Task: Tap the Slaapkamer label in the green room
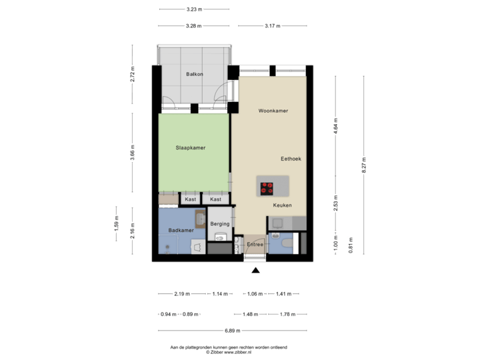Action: point(190,147)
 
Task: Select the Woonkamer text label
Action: point(273,111)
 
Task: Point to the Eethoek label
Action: point(291,159)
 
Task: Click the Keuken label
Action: point(282,205)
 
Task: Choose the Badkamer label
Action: point(181,230)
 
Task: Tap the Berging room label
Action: point(219,224)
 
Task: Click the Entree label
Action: point(255,245)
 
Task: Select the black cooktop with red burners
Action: point(267,188)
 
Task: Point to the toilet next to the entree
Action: point(287,244)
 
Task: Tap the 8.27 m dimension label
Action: point(363,165)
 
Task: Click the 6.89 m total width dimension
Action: point(232,330)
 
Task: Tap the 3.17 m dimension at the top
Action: point(272,26)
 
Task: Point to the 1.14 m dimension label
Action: point(219,293)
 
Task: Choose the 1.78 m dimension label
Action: point(287,314)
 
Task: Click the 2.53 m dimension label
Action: point(335,201)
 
